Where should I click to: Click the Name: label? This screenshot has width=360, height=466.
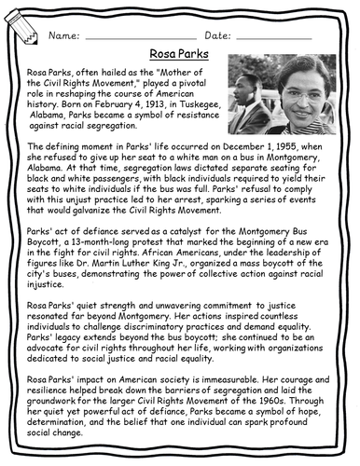tap(63, 34)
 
